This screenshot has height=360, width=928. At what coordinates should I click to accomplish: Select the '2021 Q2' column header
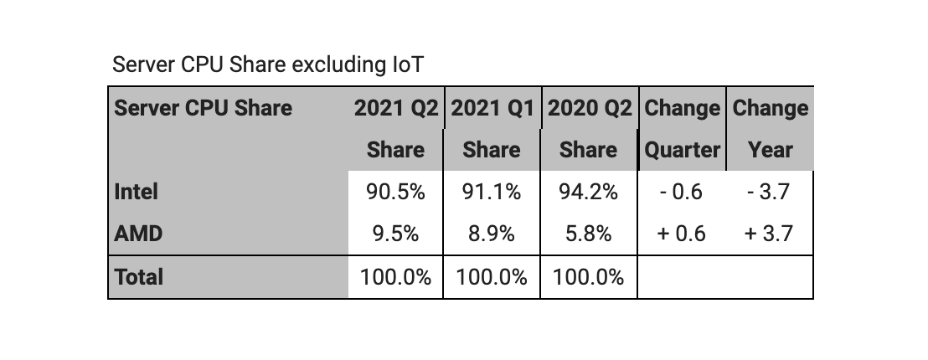click(395, 109)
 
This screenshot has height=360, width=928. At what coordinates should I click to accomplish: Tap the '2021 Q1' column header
click(492, 109)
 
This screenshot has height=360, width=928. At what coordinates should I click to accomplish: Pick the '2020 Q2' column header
click(589, 109)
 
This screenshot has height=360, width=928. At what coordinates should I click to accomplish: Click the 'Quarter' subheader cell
click(682, 151)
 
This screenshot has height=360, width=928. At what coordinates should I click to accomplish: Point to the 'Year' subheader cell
click(770, 151)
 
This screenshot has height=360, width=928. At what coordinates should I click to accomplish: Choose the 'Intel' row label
click(137, 192)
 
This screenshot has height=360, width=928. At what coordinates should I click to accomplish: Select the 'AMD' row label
click(138, 234)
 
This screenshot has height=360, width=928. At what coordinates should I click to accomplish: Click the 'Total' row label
click(139, 277)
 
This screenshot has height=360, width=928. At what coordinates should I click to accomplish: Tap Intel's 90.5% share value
click(395, 192)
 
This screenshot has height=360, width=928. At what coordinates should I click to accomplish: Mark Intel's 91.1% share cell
click(492, 192)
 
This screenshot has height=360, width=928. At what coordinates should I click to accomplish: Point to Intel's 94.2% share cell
click(588, 192)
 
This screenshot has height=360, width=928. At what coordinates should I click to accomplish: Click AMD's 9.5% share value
click(395, 234)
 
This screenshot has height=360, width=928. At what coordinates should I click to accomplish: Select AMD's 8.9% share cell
click(492, 234)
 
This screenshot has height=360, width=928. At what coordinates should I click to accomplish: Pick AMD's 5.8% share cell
click(588, 234)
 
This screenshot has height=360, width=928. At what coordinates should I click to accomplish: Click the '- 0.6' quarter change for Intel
click(681, 192)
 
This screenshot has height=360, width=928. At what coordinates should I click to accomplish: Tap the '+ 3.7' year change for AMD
click(770, 234)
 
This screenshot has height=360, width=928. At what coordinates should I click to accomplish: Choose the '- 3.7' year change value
click(770, 192)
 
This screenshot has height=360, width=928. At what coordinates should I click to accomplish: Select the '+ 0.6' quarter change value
click(681, 234)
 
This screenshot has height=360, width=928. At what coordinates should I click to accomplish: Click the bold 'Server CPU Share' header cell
click(204, 109)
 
